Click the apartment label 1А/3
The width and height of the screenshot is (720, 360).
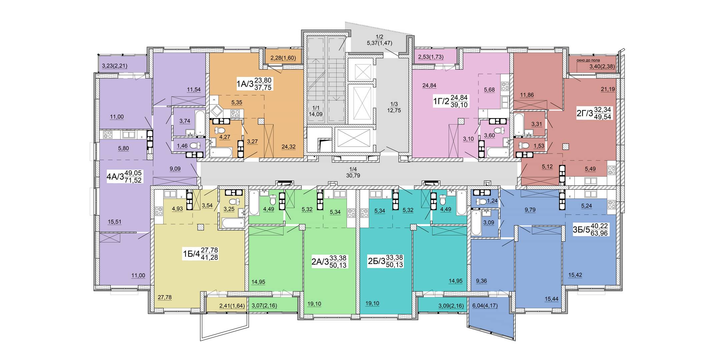[245, 84]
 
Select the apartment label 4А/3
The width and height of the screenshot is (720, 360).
[115, 177]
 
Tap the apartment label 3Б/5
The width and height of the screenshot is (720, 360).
[581, 230]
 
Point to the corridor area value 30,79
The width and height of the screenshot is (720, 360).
[353, 175]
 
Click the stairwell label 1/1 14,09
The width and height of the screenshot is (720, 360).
[315, 111]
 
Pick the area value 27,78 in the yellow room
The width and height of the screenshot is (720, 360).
[165, 297]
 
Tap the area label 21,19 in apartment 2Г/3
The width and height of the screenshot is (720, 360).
[608, 89]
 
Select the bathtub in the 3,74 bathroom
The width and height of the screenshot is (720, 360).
[200, 123]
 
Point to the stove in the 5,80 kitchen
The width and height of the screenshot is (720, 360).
[108, 135]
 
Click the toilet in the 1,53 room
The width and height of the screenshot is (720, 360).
[524, 146]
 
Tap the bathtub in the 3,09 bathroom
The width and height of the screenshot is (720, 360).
[476, 223]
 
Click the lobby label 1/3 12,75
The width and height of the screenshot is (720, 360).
[394, 107]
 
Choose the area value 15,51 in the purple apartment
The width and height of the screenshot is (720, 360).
[114, 222]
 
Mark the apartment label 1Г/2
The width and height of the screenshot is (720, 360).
[441, 101]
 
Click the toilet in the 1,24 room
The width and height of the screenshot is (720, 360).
[481, 201]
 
